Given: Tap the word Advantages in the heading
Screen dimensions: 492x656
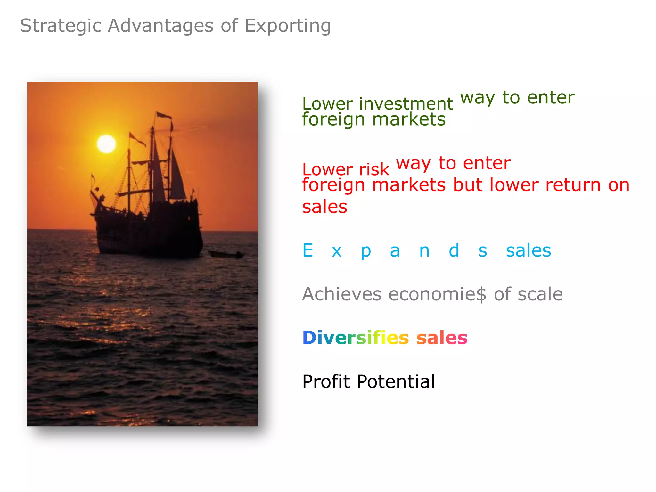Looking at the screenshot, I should coord(160,26).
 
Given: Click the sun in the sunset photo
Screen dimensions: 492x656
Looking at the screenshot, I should coord(106,144).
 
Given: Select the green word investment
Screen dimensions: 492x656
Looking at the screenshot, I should coord(406,104).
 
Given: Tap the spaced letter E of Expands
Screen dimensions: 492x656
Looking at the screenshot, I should coord(308,250).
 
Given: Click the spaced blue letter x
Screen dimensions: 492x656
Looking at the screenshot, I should coord(337,251).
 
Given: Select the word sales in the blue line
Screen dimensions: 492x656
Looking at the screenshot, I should coord(528,250).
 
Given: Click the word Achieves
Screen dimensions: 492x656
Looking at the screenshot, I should coord(341,294).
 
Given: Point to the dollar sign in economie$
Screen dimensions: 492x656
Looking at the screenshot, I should coord(481,295).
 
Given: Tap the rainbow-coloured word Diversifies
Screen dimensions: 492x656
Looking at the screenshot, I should coord(356,338).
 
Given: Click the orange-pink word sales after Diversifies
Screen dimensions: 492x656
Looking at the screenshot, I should coord(442,338).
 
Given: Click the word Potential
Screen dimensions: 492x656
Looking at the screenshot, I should coord(396,381).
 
